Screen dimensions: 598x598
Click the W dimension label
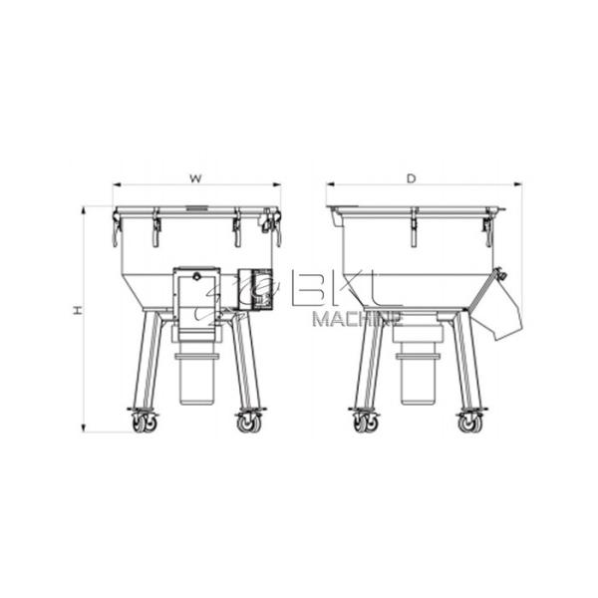click(x=196, y=179)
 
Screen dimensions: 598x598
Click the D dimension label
click(x=411, y=179)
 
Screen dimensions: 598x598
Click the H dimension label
click(x=77, y=311)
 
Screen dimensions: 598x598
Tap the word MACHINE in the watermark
click(x=357, y=320)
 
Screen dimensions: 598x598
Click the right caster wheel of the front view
click(x=248, y=424)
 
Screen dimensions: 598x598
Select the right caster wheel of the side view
click(x=469, y=424)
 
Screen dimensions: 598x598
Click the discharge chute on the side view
click(x=503, y=304)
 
